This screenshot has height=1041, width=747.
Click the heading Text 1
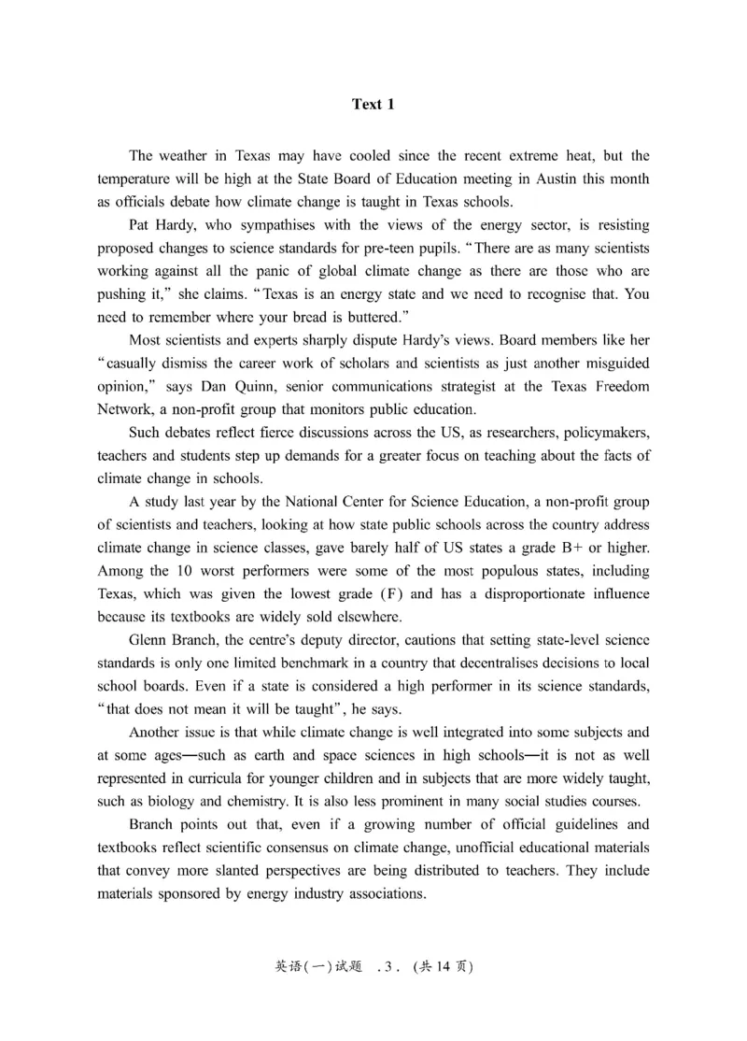click(x=373, y=105)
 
